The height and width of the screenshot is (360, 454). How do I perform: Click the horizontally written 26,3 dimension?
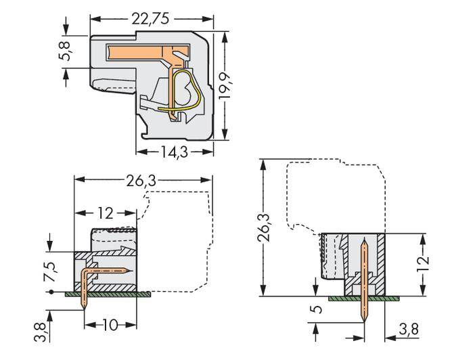tap(143, 181)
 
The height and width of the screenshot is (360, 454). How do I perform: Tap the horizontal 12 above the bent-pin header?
tap(105, 213)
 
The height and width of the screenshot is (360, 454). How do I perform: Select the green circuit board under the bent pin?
tap(108, 294)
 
